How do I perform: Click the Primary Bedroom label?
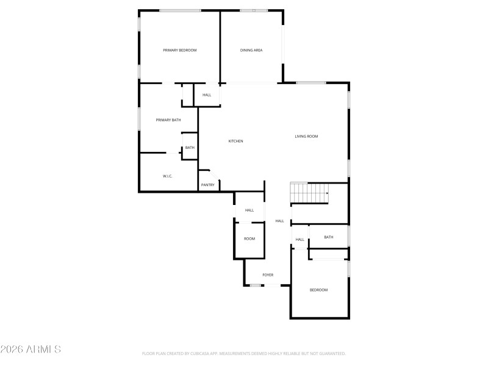click(179, 50)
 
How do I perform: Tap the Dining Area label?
click(251, 50)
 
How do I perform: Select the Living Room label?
click(306, 136)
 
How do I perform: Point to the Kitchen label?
click(235, 141)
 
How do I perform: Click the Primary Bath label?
click(168, 120)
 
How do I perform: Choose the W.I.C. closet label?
click(168, 176)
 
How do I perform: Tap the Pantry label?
click(207, 185)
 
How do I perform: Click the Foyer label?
click(268, 275)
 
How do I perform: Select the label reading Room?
click(249, 239)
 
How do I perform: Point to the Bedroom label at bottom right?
click(318, 290)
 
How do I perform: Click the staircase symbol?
click(309, 193)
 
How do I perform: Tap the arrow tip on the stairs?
click(328, 193)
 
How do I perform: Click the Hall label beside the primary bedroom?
click(207, 95)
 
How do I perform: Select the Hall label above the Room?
click(249, 210)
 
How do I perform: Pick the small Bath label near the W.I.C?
click(190, 148)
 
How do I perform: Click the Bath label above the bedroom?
click(329, 237)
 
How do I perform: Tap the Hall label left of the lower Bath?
click(300, 240)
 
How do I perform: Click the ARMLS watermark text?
click(30, 350)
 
